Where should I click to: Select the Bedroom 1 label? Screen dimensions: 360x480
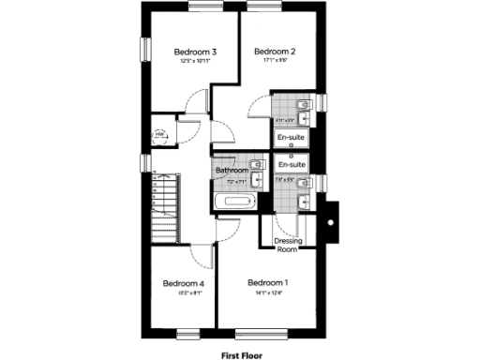tap(267, 282)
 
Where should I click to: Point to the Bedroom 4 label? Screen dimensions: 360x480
tap(184, 282)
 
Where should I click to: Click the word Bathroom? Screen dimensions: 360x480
tap(232, 171)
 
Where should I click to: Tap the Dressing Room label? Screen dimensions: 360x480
tap(286, 245)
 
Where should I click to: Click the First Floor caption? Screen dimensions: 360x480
tap(241, 355)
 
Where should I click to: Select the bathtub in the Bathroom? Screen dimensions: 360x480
tap(233, 202)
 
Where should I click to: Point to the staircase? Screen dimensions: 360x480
tap(167, 202)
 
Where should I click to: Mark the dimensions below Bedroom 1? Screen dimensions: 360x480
tap(267, 292)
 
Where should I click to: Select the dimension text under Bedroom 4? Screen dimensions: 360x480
tap(184, 292)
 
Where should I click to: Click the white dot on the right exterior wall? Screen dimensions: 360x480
tap(329, 221)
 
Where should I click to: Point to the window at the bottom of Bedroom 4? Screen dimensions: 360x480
tap(188, 333)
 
